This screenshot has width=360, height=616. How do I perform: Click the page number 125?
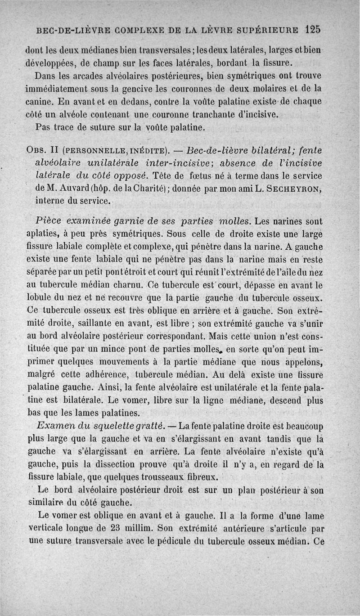[x=312, y=29]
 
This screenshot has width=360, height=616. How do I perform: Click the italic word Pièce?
[x=48, y=221]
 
